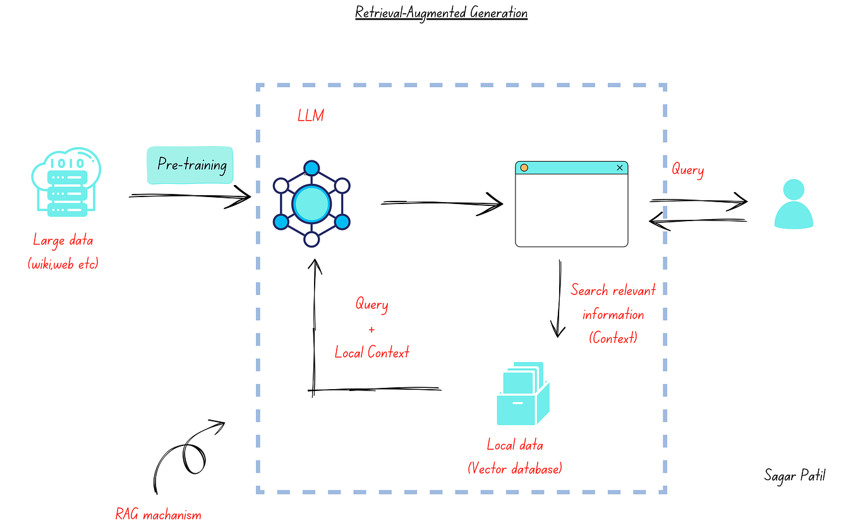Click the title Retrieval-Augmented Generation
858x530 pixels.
(x=441, y=13)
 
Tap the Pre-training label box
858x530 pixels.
(x=190, y=166)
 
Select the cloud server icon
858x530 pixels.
(x=66, y=183)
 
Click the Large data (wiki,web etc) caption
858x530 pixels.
(x=63, y=252)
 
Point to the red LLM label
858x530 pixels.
(x=310, y=116)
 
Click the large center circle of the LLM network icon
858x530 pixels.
(x=311, y=203)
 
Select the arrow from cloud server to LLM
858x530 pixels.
(x=190, y=197)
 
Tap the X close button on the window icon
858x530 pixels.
(x=619, y=167)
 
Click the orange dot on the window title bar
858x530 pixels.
(x=524, y=167)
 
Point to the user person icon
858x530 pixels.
(x=794, y=203)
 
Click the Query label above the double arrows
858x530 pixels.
(x=687, y=170)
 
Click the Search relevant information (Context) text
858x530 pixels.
(x=613, y=314)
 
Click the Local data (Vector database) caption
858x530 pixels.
(x=515, y=456)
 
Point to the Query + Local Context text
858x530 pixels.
(x=372, y=328)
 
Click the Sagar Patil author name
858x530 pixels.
(x=795, y=475)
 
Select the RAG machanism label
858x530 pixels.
(x=159, y=514)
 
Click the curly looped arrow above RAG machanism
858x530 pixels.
(x=186, y=453)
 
